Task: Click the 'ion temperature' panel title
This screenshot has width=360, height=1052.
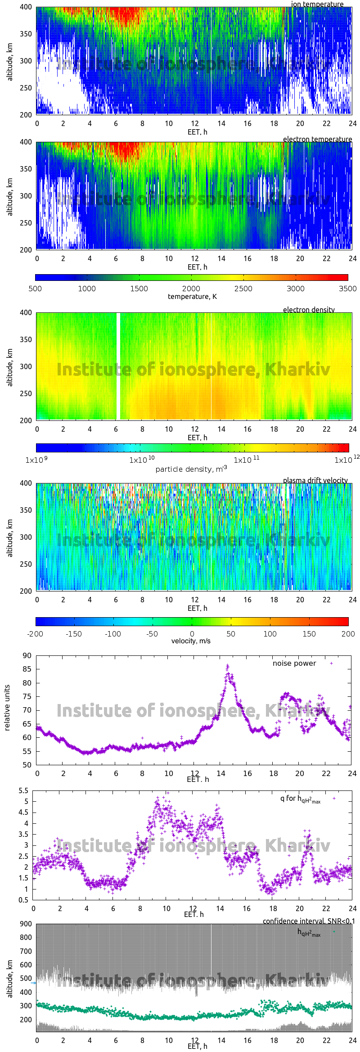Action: (317, 4)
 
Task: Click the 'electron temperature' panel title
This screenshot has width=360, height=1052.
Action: (317, 139)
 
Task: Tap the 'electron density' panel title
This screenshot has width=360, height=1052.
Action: (309, 310)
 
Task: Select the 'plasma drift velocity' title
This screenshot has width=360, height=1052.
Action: (315, 480)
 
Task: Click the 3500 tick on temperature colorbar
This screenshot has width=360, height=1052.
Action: (347, 289)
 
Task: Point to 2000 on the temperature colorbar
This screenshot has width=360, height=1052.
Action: (191, 289)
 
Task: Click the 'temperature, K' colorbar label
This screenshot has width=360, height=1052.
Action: (192, 296)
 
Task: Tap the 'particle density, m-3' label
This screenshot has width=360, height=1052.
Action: (191, 469)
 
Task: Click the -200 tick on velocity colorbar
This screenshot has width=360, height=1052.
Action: (35, 634)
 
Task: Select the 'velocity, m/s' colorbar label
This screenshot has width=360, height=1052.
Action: (191, 641)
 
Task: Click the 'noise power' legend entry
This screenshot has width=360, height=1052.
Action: (294, 664)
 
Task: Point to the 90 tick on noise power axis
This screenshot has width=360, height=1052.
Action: (27, 655)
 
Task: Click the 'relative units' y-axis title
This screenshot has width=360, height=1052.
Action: (7, 708)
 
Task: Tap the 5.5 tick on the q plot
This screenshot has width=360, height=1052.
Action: (23, 791)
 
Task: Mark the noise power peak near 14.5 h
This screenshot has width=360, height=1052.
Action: (227, 666)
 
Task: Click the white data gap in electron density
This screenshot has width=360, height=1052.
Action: (118, 366)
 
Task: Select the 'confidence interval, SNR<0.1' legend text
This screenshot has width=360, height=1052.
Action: (309, 921)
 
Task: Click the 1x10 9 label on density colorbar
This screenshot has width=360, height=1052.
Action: (36, 460)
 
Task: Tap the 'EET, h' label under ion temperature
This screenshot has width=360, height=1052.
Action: (197, 132)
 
